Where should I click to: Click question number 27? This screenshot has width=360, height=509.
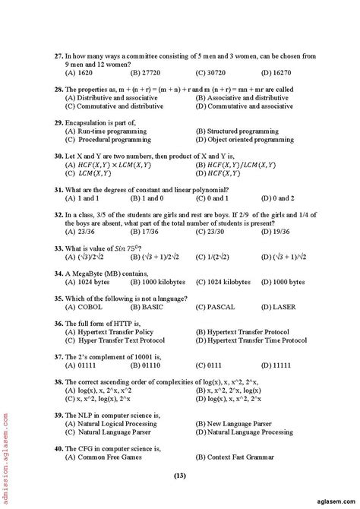coord(58,56)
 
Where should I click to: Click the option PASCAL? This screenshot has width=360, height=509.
coord(212,306)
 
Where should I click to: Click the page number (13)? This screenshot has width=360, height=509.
coord(179,476)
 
